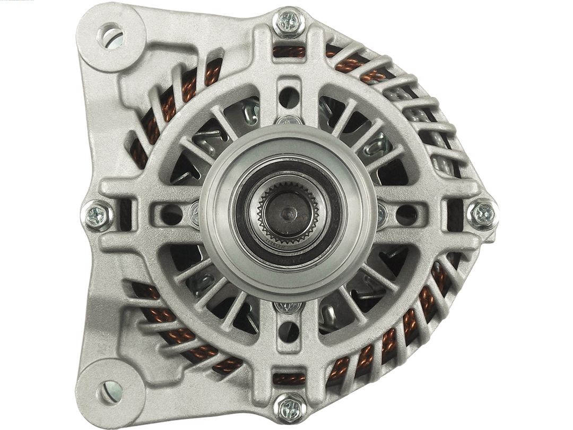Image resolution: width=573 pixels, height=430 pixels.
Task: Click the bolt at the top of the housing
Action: [289, 22]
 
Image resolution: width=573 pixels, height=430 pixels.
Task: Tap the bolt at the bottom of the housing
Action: [289, 408]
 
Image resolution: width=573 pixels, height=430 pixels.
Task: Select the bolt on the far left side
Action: [98, 216]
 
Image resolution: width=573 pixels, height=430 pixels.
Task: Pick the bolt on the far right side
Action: [482, 213]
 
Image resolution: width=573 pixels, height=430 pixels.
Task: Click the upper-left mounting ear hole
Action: [112, 37]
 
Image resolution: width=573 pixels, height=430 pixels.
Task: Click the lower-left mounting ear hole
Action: [110, 392]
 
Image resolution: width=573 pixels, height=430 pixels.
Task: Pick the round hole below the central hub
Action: [289, 332]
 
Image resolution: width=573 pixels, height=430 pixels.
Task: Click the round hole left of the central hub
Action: [171, 214]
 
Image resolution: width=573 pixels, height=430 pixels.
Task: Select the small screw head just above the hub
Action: [289, 121]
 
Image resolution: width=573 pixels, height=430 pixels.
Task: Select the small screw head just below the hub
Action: [289, 307]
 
